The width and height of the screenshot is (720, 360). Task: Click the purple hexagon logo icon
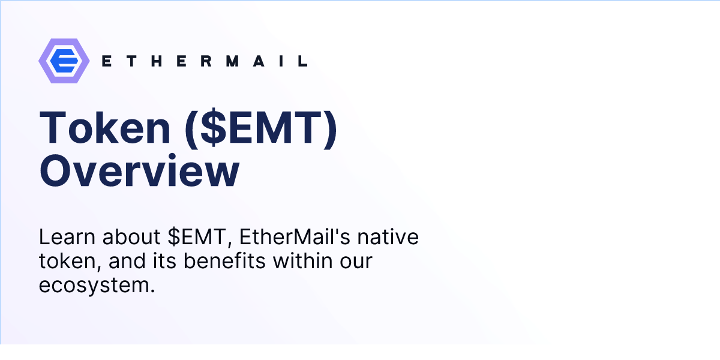tap(64, 61)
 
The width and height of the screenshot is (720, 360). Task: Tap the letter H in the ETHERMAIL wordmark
tap(158, 61)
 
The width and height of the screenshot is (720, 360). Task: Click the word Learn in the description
tap(65, 237)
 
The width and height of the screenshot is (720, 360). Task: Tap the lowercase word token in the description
tap(62, 262)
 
